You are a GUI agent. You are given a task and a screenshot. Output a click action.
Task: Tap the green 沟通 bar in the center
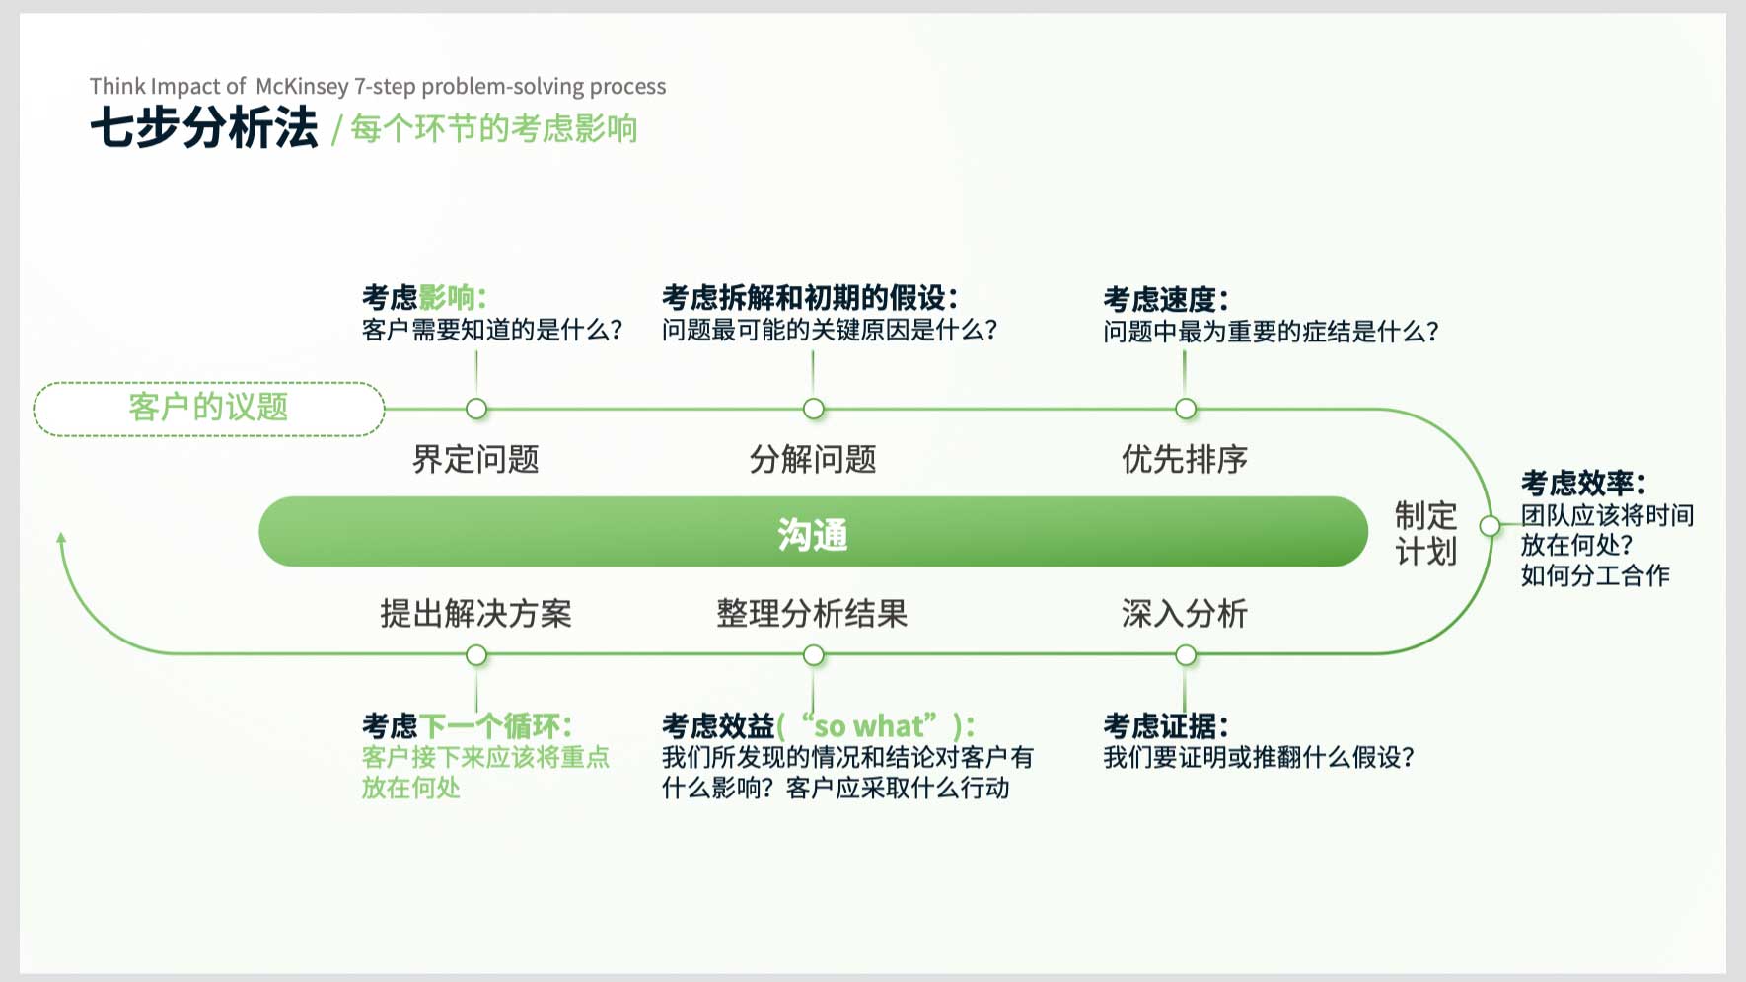click(813, 532)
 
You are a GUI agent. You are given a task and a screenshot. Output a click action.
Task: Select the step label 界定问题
click(475, 459)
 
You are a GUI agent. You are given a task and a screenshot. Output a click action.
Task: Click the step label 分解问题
click(813, 459)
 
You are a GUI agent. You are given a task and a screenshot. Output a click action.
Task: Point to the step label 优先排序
click(1185, 459)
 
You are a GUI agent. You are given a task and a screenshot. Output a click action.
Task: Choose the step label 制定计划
click(1425, 533)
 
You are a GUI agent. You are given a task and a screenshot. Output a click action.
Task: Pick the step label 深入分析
click(1185, 614)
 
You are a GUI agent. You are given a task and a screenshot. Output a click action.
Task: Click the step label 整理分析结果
click(812, 614)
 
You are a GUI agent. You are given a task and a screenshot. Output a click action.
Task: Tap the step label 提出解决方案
click(475, 614)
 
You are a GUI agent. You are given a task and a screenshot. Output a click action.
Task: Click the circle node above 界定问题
click(476, 409)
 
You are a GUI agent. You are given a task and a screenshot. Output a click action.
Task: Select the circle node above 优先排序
click(1186, 409)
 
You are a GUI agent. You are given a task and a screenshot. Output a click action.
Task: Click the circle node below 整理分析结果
click(814, 655)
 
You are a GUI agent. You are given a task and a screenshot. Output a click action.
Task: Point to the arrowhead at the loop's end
click(61, 538)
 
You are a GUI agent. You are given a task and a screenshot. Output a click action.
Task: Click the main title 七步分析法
click(204, 128)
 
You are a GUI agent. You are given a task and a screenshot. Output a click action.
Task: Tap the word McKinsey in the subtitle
click(302, 87)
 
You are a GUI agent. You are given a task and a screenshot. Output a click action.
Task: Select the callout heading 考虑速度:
click(1166, 299)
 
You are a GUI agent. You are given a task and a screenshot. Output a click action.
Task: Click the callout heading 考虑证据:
click(1166, 726)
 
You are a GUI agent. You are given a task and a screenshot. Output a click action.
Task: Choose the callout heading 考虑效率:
click(1583, 483)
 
